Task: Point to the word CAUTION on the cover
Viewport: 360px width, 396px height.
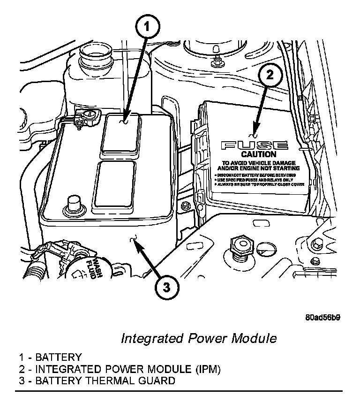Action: pos(258,154)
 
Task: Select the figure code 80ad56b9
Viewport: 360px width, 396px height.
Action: pos(322,317)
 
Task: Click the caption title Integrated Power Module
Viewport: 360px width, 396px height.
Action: pos(199,338)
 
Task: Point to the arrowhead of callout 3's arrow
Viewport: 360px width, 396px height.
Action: pos(135,243)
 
